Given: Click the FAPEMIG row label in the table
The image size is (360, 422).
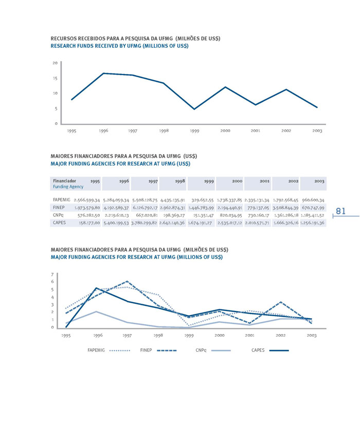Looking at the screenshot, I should (62, 199).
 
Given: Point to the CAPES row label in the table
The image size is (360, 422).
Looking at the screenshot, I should (60, 223).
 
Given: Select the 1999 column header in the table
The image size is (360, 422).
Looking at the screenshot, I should (209, 181).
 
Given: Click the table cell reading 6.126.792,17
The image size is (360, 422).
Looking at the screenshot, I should (145, 207).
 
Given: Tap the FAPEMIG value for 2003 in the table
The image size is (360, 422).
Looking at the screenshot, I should (313, 199).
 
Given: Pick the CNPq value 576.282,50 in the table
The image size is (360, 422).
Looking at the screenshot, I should (88, 215).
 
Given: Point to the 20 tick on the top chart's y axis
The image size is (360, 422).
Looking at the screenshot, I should (55, 63).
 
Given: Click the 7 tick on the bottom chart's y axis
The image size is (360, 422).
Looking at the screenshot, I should (52, 274).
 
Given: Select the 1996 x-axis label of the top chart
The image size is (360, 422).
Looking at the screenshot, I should (103, 131).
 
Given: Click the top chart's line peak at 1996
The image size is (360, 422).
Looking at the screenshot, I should (103, 74).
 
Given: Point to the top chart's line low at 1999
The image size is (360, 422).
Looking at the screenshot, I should (194, 109).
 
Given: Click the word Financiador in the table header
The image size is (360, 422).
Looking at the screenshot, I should (64, 181).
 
